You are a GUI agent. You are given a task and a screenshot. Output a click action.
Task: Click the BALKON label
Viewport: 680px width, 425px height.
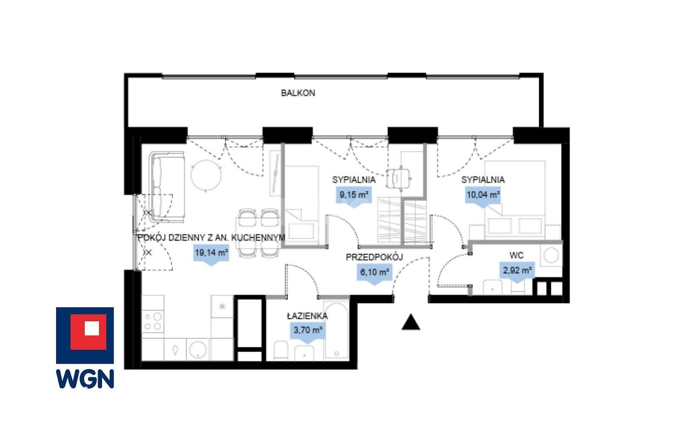point(298,93)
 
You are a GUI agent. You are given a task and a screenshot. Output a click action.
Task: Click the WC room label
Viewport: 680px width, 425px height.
point(516,256)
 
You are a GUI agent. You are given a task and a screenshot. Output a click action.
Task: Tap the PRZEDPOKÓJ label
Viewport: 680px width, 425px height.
point(374,257)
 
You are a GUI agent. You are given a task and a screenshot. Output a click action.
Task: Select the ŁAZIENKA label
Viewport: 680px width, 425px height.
point(307,316)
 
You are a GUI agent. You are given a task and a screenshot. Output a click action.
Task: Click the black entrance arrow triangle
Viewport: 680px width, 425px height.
point(411,322)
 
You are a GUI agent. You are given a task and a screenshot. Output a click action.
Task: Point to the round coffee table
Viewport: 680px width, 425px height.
point(206,176)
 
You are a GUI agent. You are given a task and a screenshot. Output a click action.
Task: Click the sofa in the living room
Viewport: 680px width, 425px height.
point(167,187)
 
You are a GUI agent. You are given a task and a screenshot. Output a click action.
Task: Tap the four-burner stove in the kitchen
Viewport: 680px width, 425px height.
point(153,322)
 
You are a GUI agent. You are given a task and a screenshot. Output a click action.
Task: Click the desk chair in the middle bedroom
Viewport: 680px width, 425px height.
point(399,178)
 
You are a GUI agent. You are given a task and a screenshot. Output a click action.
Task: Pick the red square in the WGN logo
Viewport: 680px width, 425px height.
point(88,332)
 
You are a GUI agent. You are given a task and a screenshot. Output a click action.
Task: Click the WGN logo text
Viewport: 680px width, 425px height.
point(85,379)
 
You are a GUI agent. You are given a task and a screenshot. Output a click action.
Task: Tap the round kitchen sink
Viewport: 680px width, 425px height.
point(198,350)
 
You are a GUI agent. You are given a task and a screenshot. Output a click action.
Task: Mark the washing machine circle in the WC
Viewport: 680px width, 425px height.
point(551,254)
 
